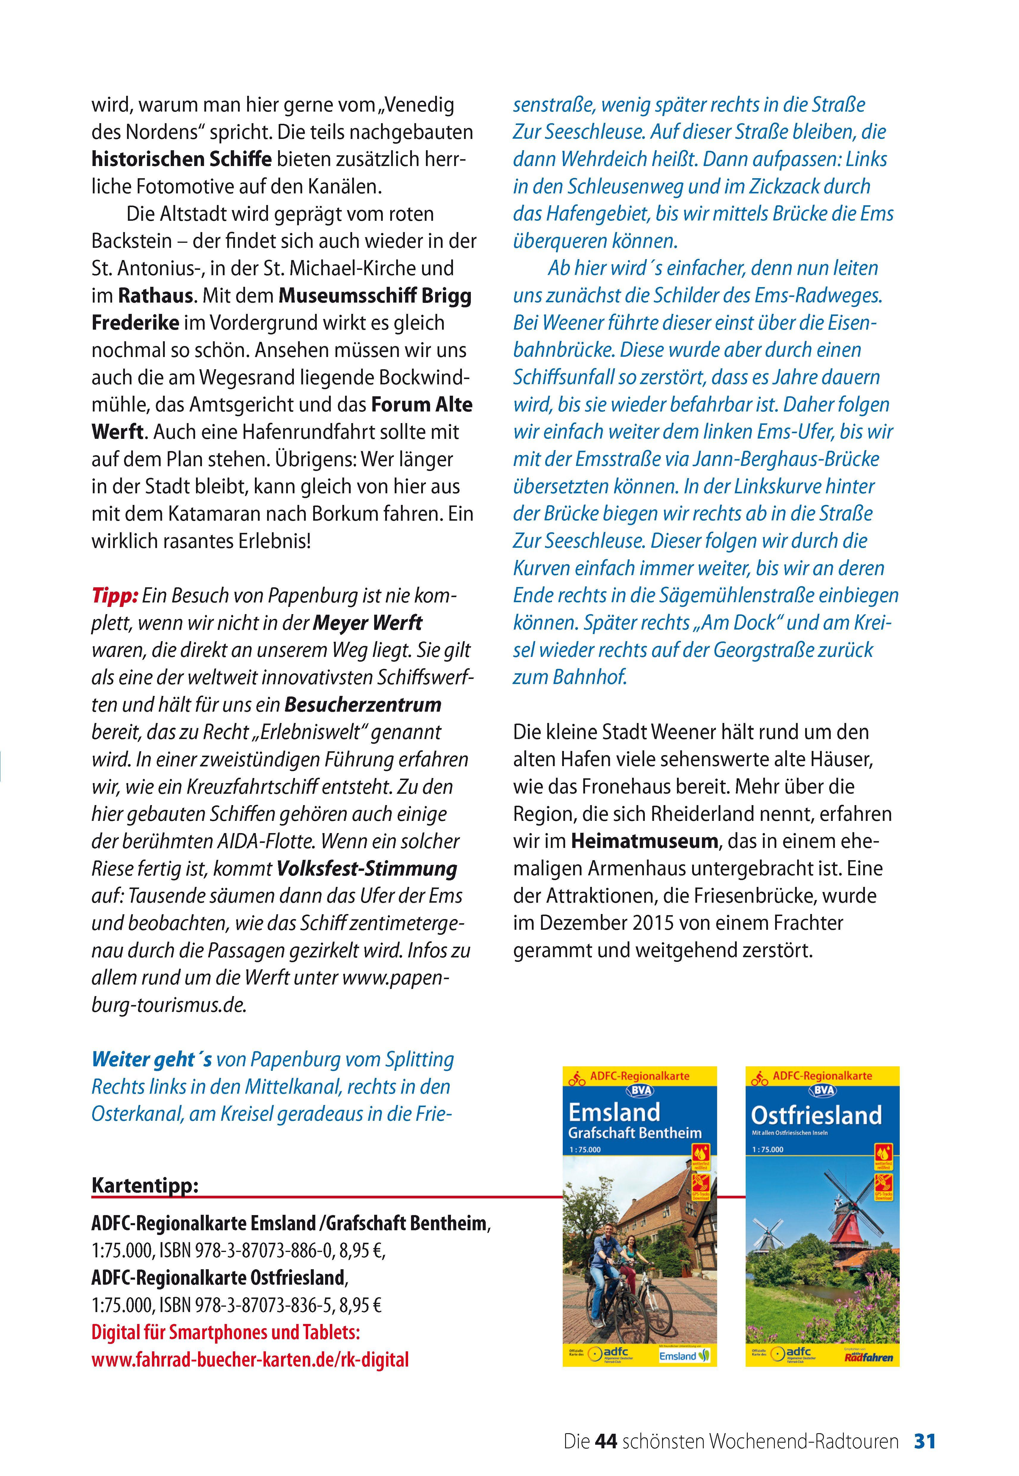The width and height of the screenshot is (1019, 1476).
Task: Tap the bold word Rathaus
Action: click(155, 296)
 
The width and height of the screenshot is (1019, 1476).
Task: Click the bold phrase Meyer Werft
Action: click(368, 623)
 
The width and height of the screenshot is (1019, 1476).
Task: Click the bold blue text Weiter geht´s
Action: click(151, 1059)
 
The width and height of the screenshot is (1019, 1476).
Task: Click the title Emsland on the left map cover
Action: click(614, 1112)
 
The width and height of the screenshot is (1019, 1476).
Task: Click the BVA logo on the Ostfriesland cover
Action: click(822, 1090)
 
